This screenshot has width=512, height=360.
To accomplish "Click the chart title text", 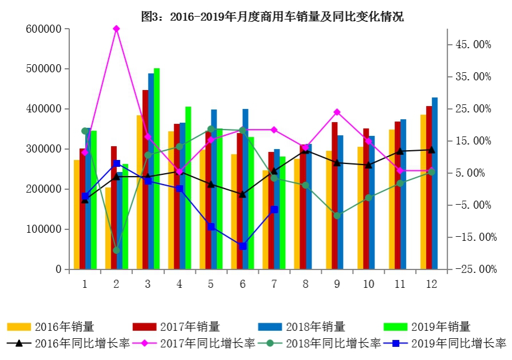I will click(x=272, y=17).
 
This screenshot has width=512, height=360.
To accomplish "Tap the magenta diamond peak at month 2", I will click(x=116, y=29).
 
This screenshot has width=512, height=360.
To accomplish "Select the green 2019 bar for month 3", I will click(x=156, y=169).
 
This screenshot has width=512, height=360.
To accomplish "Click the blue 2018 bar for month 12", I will click(x=435, y=183).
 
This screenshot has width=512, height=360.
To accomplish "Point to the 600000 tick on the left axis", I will click(x=44, y=29).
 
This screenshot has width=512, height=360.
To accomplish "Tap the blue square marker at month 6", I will click(x=242, y=246).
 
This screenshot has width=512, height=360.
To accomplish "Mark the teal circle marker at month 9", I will click(x=337, y=216).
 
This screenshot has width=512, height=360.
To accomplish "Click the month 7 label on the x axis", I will click(x=274, y=284).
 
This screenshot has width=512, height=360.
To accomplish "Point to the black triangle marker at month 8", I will click(x=305, y=150).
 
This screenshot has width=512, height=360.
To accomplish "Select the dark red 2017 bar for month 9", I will click(x=334, y=195).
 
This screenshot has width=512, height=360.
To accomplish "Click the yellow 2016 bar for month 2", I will click(x=108, y=228).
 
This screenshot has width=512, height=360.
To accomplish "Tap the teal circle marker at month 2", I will click(x=116, y=250).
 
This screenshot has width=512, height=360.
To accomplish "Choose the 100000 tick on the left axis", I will click(x=44, y=229).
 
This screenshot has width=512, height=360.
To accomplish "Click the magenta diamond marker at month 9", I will click(x=337, y=112).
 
